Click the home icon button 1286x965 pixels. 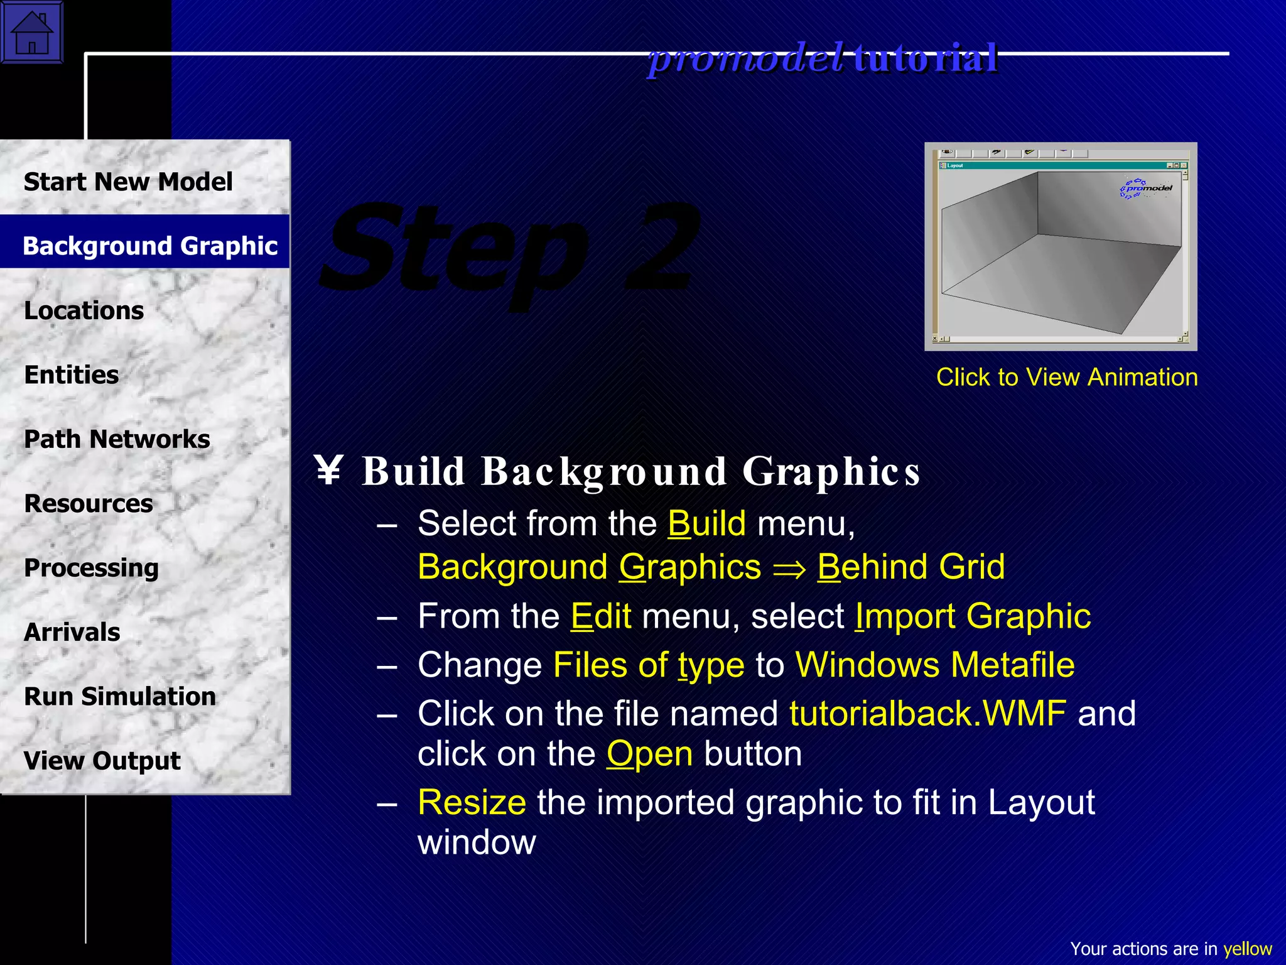(32, 32)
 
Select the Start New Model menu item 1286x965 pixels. (128, 182)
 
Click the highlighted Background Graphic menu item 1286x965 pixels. (149, 246)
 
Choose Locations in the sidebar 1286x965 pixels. (84, 310)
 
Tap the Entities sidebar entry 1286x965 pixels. (71, 375)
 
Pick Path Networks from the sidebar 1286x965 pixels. (117, 439)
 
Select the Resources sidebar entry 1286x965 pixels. (88, 503)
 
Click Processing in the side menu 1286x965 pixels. (91, 568)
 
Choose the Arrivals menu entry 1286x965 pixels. (72, 632)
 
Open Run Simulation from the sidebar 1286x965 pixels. (119, 696)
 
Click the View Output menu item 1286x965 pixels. (102, 761)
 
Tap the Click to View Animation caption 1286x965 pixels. (1067, 377)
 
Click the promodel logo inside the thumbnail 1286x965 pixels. (1146, 188)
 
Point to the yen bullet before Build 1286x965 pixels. (328, 471)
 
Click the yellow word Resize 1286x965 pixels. (472, 802)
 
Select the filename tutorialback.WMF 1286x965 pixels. (927, 714)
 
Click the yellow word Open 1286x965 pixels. (649, 754)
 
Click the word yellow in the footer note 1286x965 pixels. (1247, 949)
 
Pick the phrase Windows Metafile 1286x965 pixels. (935, 665)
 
